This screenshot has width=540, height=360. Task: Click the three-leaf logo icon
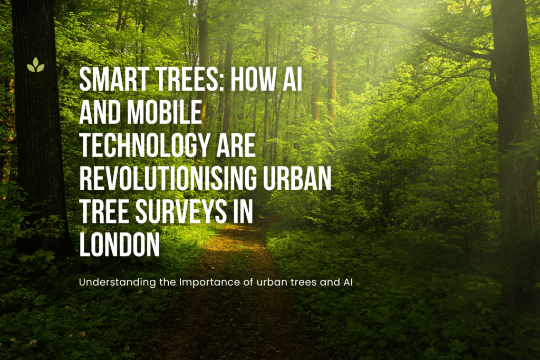tap(35, 65)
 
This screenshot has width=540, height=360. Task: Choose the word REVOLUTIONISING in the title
tap(168, 178)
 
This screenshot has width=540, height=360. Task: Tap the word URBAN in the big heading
tap(297, 178)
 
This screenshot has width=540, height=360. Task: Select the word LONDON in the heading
tap(120, 244)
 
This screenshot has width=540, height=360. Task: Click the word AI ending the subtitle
tap(348, 282)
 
